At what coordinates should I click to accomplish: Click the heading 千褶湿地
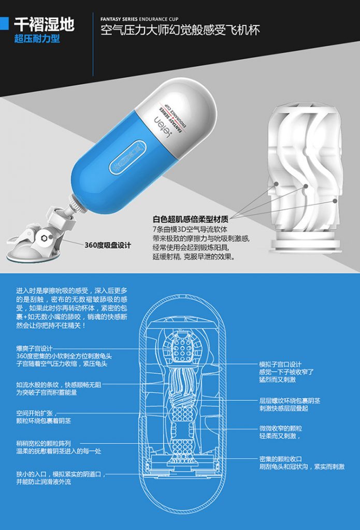pos(45,25)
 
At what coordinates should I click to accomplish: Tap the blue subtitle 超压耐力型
pos(37,38)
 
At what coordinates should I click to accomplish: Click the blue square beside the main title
pos(4,23)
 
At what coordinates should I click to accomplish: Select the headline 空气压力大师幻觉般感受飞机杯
pos(180,31)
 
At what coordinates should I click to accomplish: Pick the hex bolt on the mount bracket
pos(44,238)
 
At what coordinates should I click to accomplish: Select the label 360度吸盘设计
pos(108,245)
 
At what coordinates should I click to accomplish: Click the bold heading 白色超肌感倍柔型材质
pos(191,219)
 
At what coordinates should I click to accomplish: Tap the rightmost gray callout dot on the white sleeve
pos(335,201)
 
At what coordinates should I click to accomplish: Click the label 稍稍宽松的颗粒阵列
pos(44,444)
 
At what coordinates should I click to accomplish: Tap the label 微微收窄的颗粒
pos(280,428)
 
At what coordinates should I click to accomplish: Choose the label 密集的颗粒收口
pos(280,459)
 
